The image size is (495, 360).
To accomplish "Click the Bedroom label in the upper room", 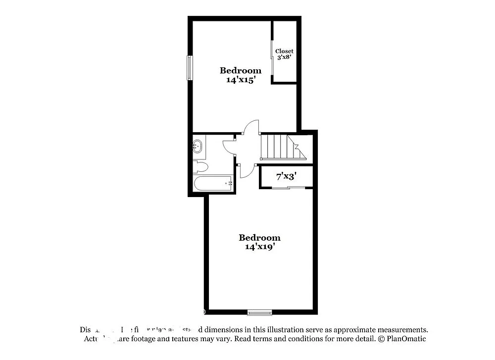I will [241, 70].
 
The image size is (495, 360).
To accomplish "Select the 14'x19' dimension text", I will [260, 247].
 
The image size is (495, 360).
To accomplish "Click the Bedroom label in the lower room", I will [259, 238].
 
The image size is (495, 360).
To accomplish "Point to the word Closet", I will [284, 51].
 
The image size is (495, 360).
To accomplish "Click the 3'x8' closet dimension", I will [284, 57].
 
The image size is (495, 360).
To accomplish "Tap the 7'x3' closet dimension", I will [286, 176].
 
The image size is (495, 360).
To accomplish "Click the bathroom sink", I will [197, 147].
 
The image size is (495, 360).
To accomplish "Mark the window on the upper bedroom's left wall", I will [189, 68].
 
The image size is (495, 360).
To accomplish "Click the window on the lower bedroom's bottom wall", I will [260, 312].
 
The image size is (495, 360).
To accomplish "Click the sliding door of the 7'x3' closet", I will [289, 187].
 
